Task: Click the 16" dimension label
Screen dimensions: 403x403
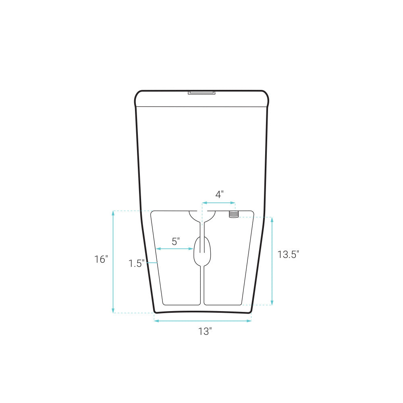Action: point(102,260)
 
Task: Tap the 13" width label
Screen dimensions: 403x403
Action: point(205,332)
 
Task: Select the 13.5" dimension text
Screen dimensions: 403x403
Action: point(288,255)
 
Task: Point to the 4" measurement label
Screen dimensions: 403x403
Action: point(219,195)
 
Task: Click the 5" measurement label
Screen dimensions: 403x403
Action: point(176,242)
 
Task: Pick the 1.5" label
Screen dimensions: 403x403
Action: point(137,264)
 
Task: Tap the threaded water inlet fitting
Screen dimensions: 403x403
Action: point(233,214)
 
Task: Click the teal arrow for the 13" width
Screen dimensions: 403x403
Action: point(203,321)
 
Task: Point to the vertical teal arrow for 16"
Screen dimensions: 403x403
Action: point(113,262)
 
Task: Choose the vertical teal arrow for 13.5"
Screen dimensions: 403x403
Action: point(272,261)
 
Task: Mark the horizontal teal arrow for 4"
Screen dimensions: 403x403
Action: point(219,203)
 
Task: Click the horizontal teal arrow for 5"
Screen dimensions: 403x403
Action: point(175,249)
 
